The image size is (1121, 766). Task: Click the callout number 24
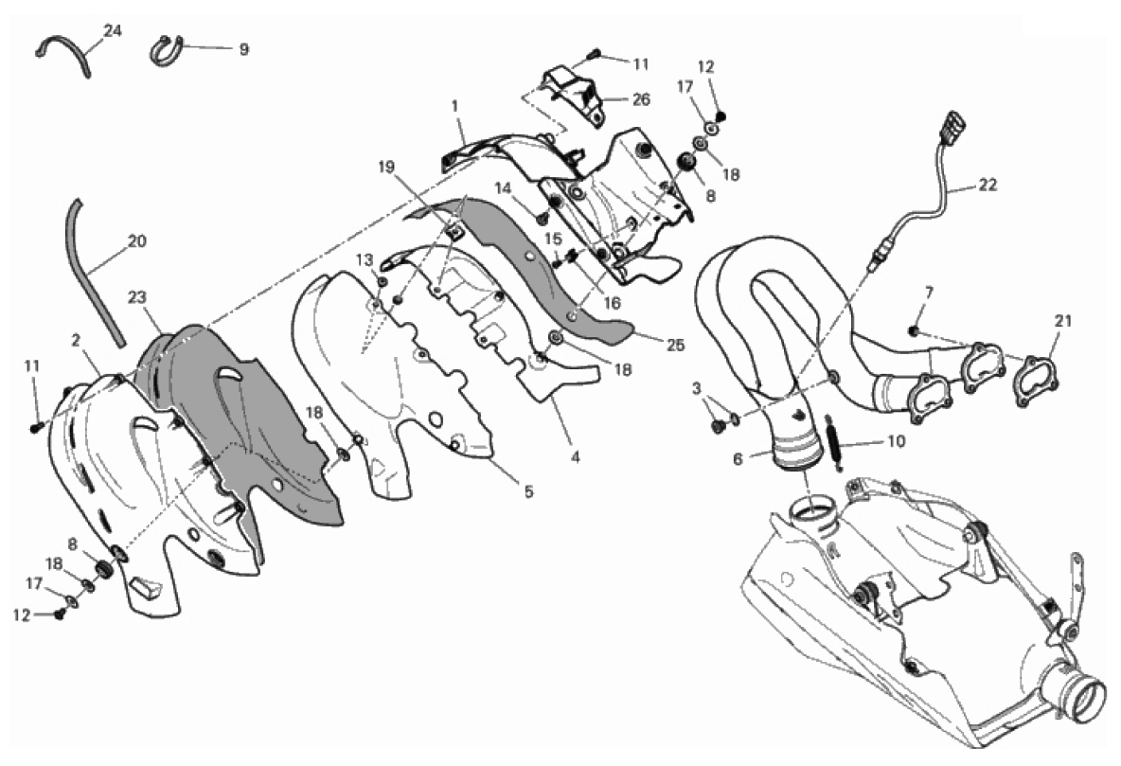pyautogui.click(x=113, y=30)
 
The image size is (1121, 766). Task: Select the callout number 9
pyautogui.click(x=243, y=49)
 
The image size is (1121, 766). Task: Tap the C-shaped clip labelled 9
pyautogui.click(x=166, y=51)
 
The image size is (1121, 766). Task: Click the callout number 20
pyautogui.click(x=136, y=241)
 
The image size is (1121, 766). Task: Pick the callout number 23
pyautogui.click(x=138, y=295)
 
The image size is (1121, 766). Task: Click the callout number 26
pyautogui.click(x=641, y=98)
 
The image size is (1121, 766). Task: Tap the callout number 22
pyautogui.click(x=987, y=185)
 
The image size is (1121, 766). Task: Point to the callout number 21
pyautogui.click(x=1063, y=321)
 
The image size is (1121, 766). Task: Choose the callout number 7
pyautogui.click(x=929, y=293)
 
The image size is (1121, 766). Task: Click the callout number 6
pyautogui.click(x=738, y=459)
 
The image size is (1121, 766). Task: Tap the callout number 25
pyautogui.click(x=675, y=345)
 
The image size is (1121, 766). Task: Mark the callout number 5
pyautogui.click(x=529, y=491)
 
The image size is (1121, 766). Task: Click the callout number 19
pyautogui.click(x=386, y=168)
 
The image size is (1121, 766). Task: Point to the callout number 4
pyautogui.click(x=575, y=457)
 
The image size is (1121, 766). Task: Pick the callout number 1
pyautogui.click(x=454, y=106)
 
